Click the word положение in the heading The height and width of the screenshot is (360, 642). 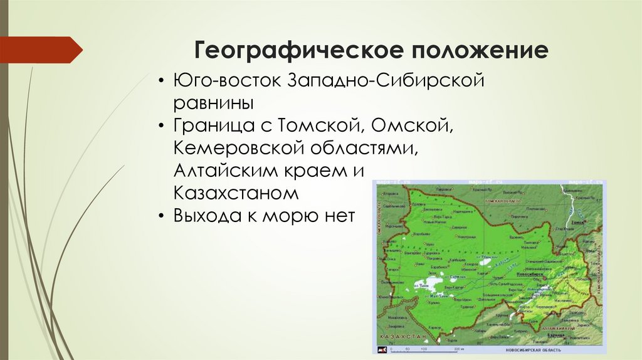[476, 50]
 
